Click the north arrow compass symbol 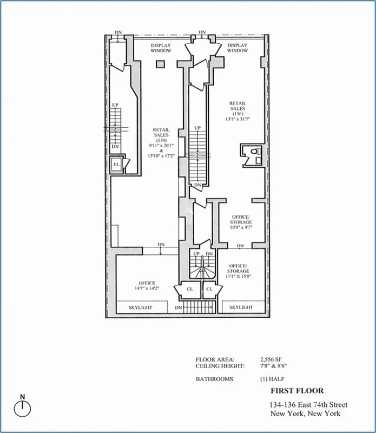pos(23,408)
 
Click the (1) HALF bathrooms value pos(271,379)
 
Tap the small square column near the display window pos(160,64)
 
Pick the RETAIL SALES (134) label pos(161,141)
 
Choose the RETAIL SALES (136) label pos(238,110)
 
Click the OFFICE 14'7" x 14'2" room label pos(147,286)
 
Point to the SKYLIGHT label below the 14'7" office pos(140,307)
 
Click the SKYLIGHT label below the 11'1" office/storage pos(240,307)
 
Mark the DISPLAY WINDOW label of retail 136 pos(238,48)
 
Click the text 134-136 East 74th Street pos(308,405)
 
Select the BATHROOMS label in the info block pos(214,379)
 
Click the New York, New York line pos(306,414)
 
